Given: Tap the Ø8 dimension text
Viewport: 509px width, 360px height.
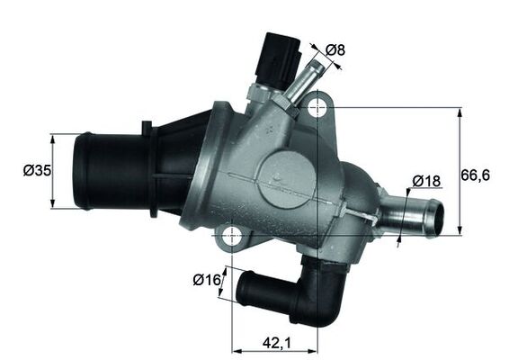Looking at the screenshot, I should coord(335,50).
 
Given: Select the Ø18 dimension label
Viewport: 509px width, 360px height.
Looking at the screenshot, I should coord(426,181).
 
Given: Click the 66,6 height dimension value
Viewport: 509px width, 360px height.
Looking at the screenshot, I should coord(476,175).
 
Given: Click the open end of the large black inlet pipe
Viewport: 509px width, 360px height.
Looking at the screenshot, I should coord(84,171).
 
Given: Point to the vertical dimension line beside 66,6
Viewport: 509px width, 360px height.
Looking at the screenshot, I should coord(460,170).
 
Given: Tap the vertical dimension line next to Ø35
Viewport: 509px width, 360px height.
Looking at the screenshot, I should coord(53,171).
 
